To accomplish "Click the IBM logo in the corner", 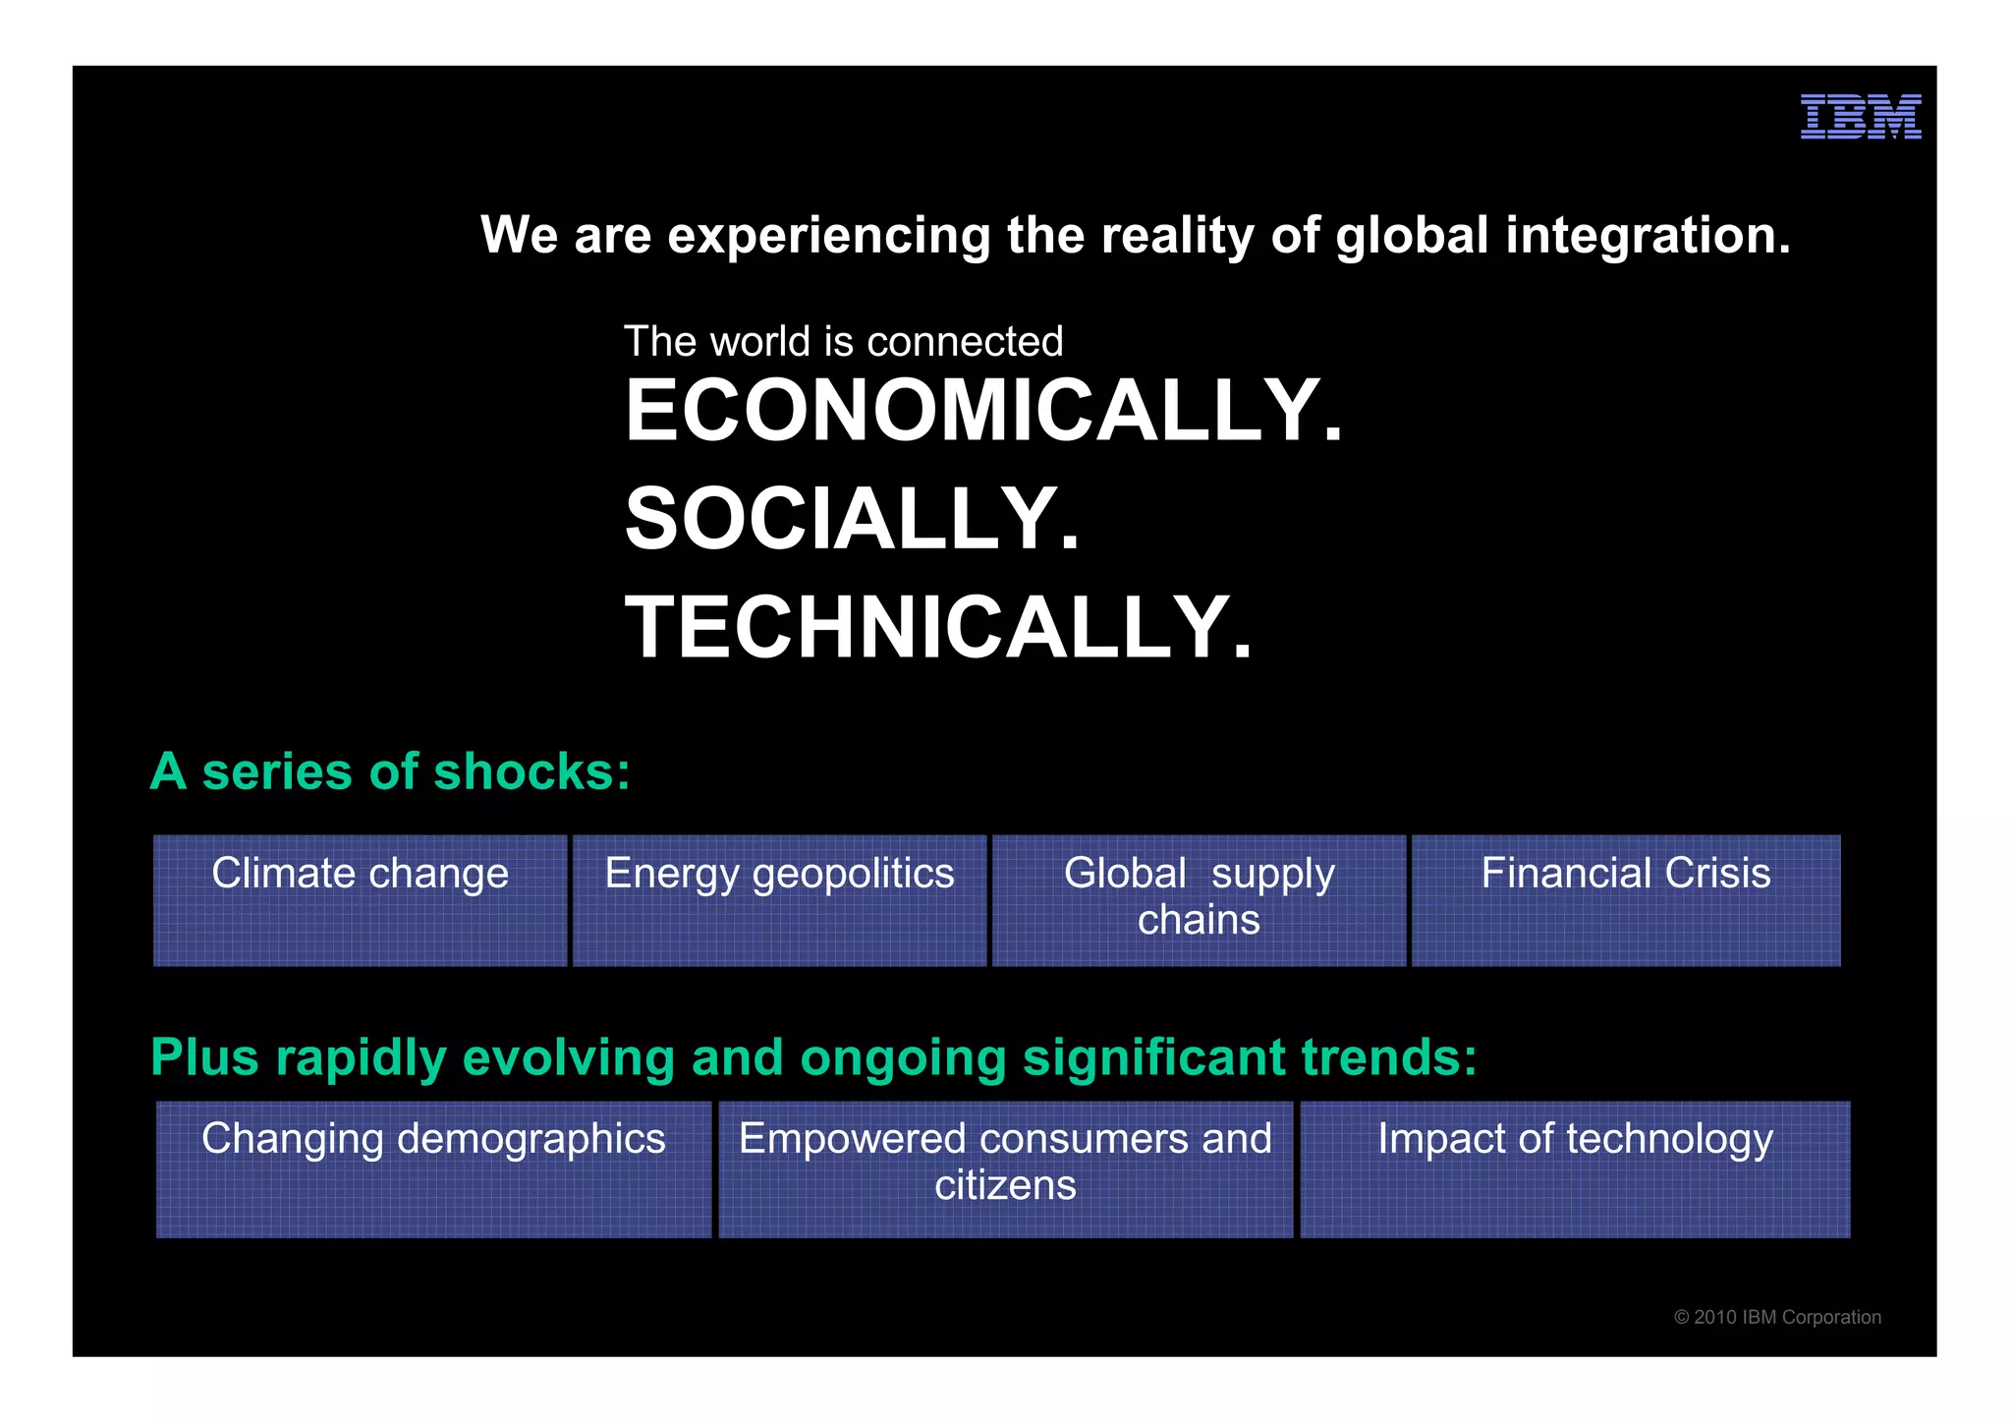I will (1860, 117).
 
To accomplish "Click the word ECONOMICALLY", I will (983, 411).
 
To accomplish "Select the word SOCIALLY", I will (852, 519).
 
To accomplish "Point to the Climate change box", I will (360, 900).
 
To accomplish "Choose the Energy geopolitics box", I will (779, 900).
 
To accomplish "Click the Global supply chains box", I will (1199, 900).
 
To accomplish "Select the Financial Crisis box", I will (1626, 900).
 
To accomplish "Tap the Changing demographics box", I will (433, 1168).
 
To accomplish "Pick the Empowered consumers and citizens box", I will (1005, 1168).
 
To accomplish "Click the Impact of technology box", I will (1575, 1168).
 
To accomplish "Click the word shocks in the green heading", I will (531, 771).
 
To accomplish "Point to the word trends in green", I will (1388, 1058).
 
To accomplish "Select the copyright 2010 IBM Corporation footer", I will (1777, 1317).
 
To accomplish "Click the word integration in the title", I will (1648, 236).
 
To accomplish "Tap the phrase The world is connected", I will (843, 342).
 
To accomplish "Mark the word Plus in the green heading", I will (204, 1058).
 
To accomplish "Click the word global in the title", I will (1412, 236).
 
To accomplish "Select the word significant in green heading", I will (1153, 1058).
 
